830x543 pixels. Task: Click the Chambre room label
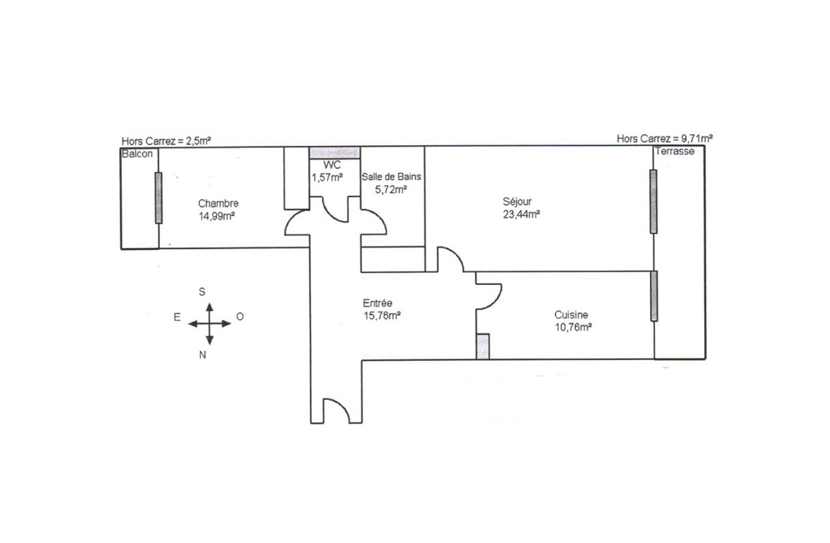point(218,203)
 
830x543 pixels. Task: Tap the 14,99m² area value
point(217,216)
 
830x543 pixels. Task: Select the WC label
point(332,165)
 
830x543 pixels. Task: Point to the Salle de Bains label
point(391,177)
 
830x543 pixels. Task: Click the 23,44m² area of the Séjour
point(521,214)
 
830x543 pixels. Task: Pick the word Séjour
point(517,202)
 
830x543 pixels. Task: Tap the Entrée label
point(378,303)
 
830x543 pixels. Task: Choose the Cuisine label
point(571,315)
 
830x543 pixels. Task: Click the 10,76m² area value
point(573,327)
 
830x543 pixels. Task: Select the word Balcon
point(137,154)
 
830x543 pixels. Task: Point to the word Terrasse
point(675,151)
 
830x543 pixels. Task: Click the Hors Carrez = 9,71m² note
point(664,139)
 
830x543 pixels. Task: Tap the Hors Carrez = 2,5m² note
point(166,141)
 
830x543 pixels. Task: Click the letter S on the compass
point(202,292)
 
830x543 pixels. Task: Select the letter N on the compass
point(203,355)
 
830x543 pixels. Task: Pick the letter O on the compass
point(240,317)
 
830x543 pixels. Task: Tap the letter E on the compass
point(177,317)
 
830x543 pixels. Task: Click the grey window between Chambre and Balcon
point(159,198)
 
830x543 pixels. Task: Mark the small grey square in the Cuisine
point(483,346)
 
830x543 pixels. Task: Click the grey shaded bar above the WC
point(335,153)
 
